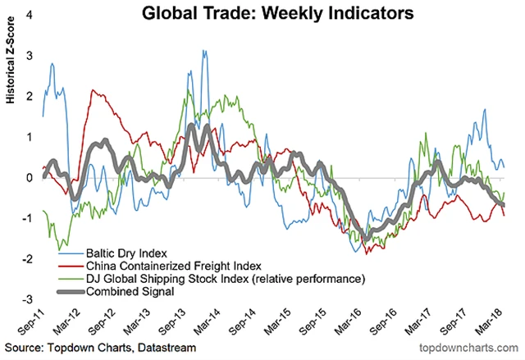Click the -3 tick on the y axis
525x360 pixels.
[29, 299]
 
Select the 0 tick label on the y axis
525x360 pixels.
[30, 177]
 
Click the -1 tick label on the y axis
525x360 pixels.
[29, 218]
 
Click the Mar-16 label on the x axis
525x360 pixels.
[342, 321]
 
